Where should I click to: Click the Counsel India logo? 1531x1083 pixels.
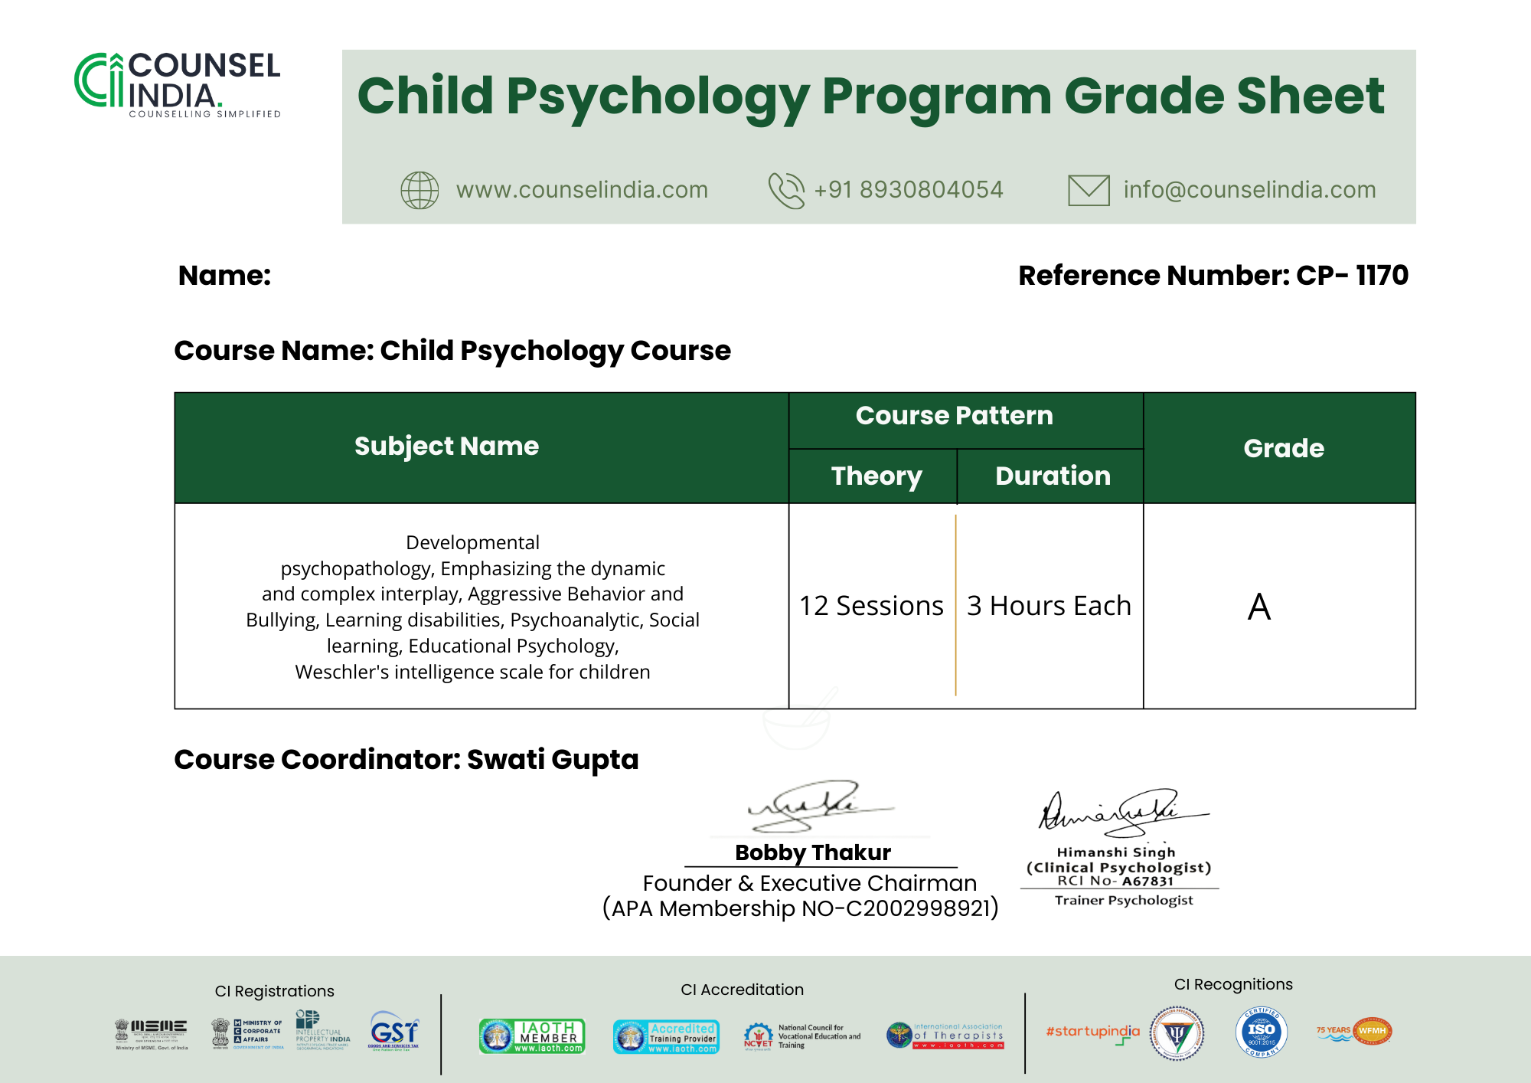pyautogui.click(x=178, y=84)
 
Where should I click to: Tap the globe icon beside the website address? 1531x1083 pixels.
pyautogui.click(x=419, y=190)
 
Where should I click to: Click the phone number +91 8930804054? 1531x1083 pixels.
pyautogui.click(x=908, y=190)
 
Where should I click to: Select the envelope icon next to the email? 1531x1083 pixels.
pyautogui.click(x=1088, y=190)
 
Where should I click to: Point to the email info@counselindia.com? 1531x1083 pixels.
pyautogui.click(x=1249, y=190)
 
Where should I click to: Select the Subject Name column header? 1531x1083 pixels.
pyautogui.click(x=446, y=447)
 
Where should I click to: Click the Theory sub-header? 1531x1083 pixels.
pyautogui.click(x=876, y=476)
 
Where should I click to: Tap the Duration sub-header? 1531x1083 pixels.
pyautogui.click(x=1053, y=476)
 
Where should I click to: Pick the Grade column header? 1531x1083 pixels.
pyautogui.click(x=1283, y=448)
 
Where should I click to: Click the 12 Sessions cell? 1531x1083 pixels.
pyautogui.click(x=871, y=606)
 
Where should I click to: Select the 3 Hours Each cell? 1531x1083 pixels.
pyautogui.click(x=1049, y=606)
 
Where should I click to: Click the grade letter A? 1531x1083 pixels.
pyautogui.click(x=1259, y=607)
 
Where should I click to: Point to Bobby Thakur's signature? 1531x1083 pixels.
pyautogui.click(x=815, y=807)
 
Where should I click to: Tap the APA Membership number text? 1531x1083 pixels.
pyautogui.click(x=800, y=908)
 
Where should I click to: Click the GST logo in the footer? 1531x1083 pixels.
pyautogui.click(x=393, y=1031)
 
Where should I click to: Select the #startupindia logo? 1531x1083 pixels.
pyautogui.click(x=1092, y=1032)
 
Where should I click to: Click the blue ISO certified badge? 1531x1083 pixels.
pyautogui.click(x=1261, y=1032)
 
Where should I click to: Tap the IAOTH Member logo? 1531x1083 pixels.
pyautogui.click(x=532, y=1036)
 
